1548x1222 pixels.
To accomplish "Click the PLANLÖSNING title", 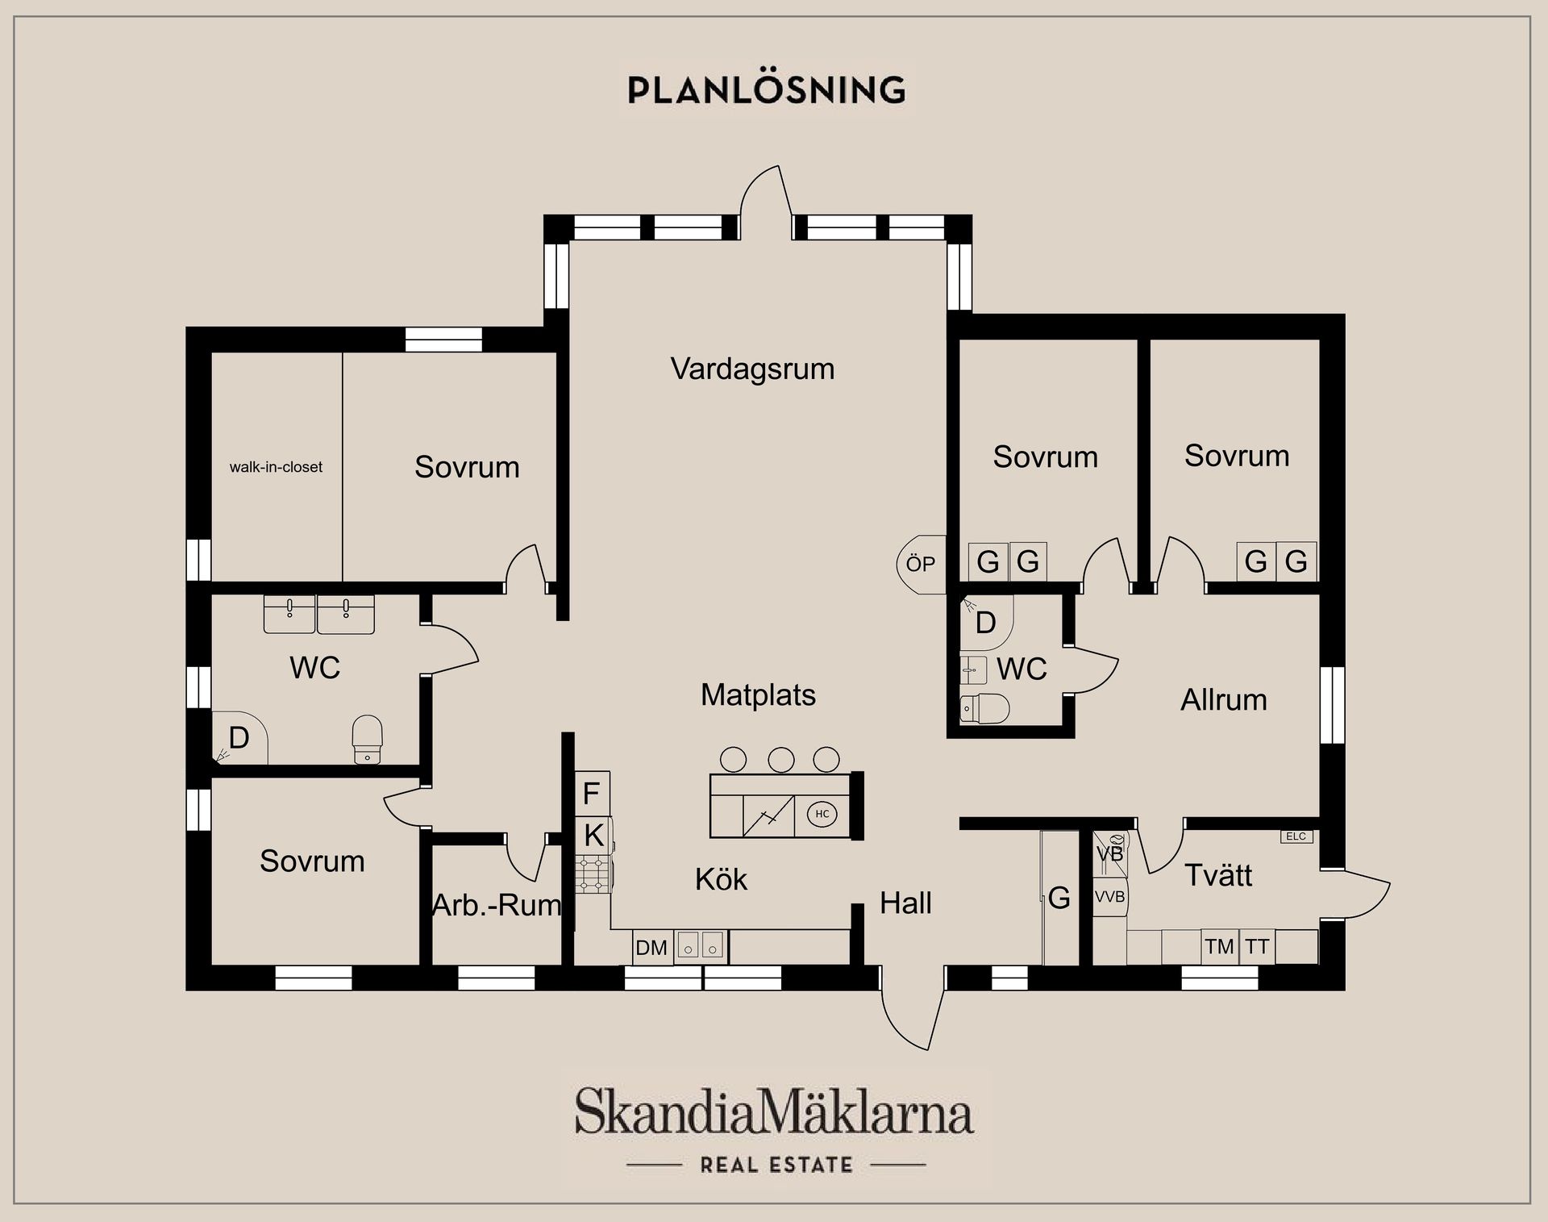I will point(767,90).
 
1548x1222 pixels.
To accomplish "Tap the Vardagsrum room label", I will point(752,369).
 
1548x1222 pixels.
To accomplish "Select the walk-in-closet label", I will point(276,467).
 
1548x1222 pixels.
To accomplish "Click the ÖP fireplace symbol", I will point(921,564).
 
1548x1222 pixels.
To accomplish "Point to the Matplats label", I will point(758,694).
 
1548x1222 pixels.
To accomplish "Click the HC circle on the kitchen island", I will point(822,814).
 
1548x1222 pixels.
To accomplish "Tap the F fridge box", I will point(591,794).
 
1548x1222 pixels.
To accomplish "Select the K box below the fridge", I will point(593,836).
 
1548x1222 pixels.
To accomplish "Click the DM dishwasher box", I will point(651,948).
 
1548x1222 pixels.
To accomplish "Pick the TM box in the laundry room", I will point(1219,946).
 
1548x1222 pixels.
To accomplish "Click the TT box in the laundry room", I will point(1256,946).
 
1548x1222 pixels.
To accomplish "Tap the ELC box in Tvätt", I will point(1296,836).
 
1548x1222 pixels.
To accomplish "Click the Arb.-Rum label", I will point(496,905).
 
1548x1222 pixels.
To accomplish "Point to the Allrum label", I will point(1223,700).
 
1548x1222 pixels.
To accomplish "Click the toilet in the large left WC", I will point(368,737).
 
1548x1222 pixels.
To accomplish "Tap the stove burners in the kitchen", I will point(594,875).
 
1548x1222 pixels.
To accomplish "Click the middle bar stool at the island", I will point(780,759).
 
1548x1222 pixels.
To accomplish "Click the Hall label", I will point(905,903).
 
